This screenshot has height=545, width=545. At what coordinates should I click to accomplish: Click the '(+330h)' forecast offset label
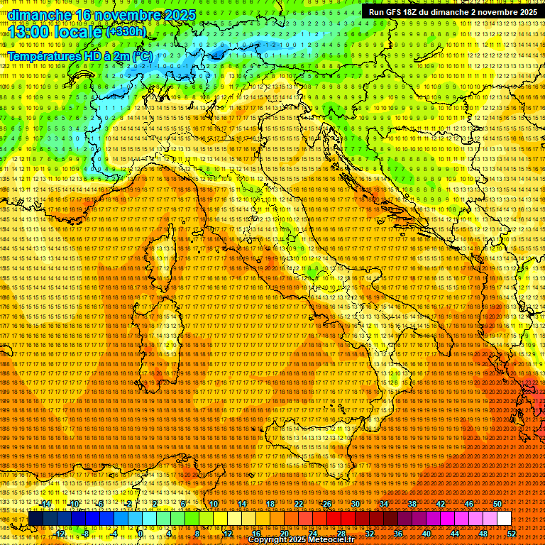(x=126, y=32)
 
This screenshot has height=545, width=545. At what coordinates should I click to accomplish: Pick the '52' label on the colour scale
(x=512, y=533)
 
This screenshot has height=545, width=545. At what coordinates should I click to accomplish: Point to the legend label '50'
(x=497, y=503)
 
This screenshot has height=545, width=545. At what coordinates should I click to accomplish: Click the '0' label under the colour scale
(x=141, y=533)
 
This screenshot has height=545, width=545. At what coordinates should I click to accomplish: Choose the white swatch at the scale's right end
(x=504, y=518)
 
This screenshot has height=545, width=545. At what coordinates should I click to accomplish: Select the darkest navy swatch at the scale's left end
(x=35, y=518)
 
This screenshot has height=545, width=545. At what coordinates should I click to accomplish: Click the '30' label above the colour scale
(x=356, y=503)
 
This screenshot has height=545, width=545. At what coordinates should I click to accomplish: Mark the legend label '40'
(x=426, y=533)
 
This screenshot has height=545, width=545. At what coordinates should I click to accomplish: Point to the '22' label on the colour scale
(x=299, y=503)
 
